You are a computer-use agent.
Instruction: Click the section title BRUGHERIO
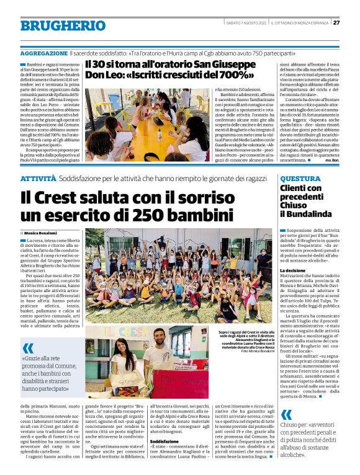(x=63, y=25)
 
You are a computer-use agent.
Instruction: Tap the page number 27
(x=336, y=23)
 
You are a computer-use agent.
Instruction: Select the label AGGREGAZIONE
(x=43, y=55)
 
